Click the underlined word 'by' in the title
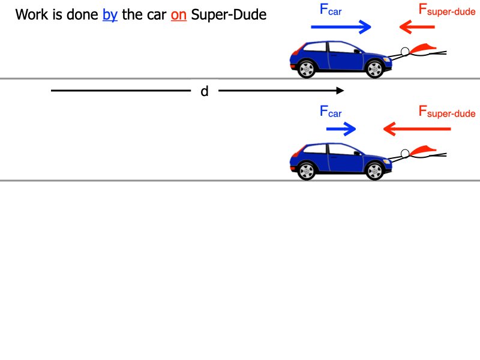[110, 15]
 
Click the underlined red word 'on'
[179, 15]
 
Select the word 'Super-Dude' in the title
[229, 15]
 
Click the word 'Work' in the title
[31, 15]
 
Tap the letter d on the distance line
[204, 92]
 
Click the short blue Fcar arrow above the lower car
[341, 128]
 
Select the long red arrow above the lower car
[416, 128]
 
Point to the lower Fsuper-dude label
[447, 112]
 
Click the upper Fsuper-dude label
[447, 10]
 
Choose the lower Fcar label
[331, 112]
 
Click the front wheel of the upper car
[374, 69]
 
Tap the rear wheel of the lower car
[307, 171]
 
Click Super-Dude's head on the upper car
[405, 52]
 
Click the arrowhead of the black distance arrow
[340, 91]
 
